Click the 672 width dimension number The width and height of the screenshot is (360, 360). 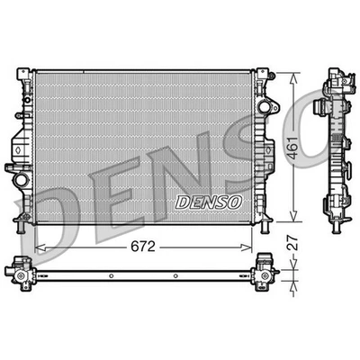pos(143,247)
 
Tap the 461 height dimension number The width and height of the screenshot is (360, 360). pos(292,148)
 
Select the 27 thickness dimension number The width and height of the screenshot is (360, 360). pos(292,243)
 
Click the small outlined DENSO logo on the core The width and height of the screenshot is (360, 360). pos(209,202)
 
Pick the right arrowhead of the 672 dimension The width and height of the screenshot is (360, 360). pos(247,247)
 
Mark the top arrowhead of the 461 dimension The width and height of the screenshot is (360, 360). pos(293,78)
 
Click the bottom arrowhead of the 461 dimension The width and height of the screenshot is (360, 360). pos(293,216)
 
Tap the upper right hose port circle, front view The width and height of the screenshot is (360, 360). pos(264,107)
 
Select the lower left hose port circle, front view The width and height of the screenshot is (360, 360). pos(21,180)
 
